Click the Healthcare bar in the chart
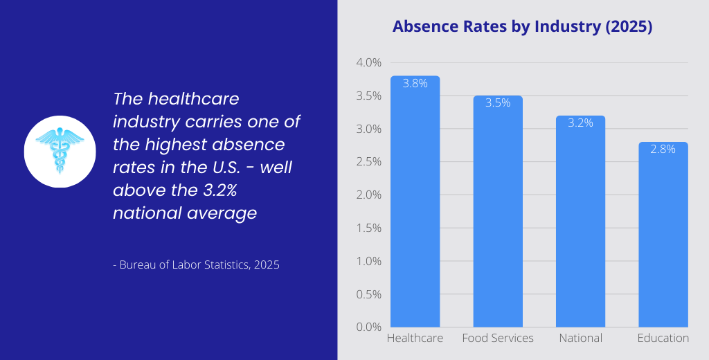point(415,208)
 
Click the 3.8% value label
point(415,83)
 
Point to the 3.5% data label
point(498,103)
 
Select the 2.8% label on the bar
point(663,150)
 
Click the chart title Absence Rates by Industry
point(523,27)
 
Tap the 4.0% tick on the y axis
point(368,63)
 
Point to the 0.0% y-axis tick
point(368,327)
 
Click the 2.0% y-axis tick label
point(368,195)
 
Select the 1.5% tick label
point(368,228)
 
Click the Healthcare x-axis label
point(415,339)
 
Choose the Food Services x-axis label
point(498,339)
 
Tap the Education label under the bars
point(663,339)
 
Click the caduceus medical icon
point(60,151)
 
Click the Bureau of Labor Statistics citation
point(196,264)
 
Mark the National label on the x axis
point(580,339)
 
